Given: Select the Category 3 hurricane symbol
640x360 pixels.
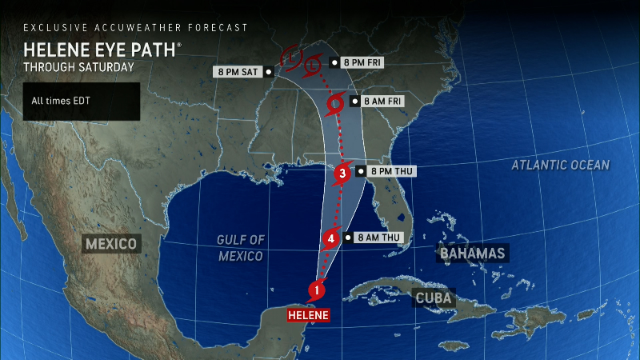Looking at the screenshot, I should click(x=342, y=171).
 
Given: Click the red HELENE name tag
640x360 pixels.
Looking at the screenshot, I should click(x=308, y=315).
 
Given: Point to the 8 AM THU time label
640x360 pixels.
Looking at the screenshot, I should click(x=376, y=238).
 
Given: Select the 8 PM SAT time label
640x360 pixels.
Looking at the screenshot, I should click(x=242, y=71).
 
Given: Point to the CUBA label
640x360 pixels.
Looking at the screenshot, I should click(x=433, y=298).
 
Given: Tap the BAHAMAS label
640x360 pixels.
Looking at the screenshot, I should click(x=472, y=254).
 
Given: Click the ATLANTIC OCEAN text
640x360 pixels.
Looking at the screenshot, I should click(x=561, y=166).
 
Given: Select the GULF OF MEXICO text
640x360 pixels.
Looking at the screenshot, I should click(x=240, y=248).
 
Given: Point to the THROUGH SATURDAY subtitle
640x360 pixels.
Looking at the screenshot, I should click(x=78, y=67).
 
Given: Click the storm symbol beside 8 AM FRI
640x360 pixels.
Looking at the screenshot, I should click(x=337, y=102).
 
